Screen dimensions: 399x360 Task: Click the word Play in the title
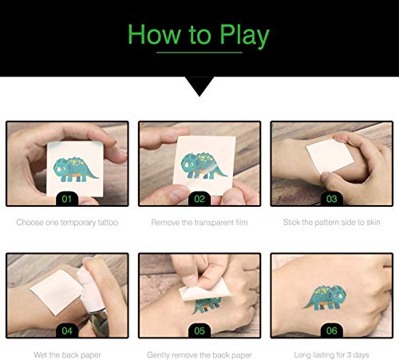click(244, 35)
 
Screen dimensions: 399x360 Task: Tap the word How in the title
click(153, 34)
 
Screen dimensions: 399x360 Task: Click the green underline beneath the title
click(199, 53)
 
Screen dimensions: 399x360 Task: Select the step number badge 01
click(67, 199)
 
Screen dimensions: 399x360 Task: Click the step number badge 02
click(199, 199)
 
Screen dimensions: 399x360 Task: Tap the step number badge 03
click(332, 199)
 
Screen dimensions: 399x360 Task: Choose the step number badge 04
click(67, 330)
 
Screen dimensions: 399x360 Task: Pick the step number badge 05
click(199, 330)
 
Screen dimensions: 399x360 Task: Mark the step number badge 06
click(332, 330)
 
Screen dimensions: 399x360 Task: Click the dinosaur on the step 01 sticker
click(75, 169)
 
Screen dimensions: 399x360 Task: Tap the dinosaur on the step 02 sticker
click(203, 165)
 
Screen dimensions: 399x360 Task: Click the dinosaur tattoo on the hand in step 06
click(325, 298)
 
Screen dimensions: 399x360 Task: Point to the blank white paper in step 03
click(330, 156)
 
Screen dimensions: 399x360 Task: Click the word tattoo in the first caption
click(108, 223)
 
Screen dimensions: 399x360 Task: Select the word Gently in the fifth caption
click(158, 355)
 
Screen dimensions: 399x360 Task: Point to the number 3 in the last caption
click(349, 354)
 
